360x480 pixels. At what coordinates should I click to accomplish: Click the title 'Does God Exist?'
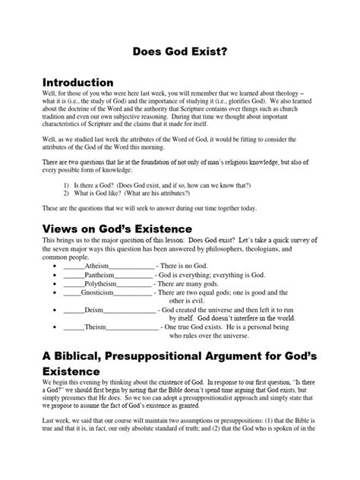[x=179, y=54]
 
